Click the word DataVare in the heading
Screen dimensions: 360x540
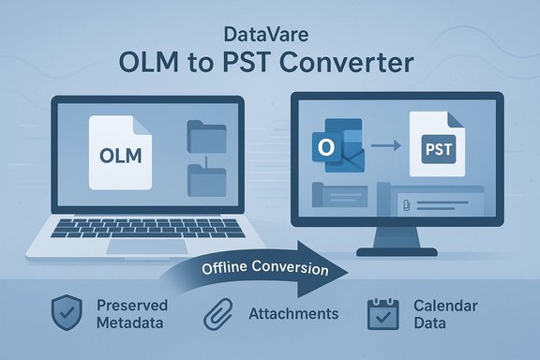pos(270,37)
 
